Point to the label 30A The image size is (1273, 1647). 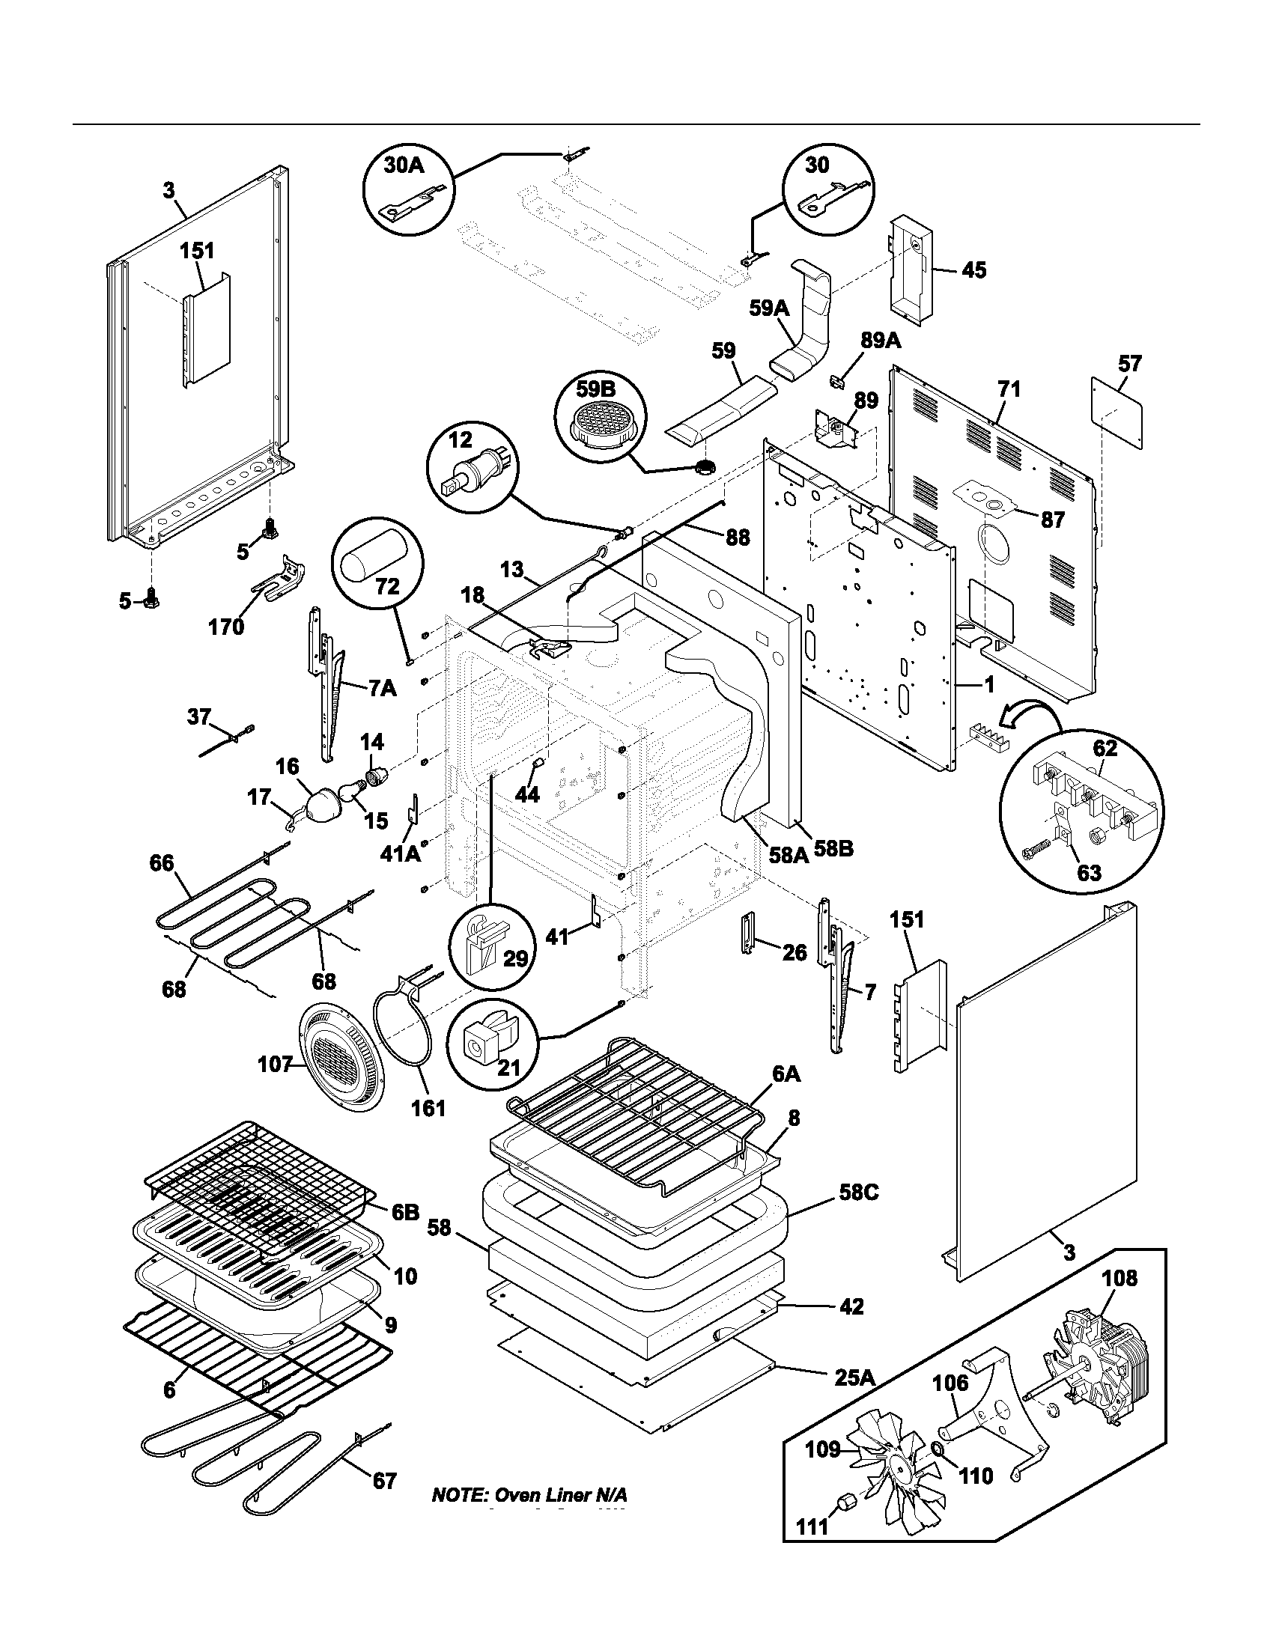[x=404, y=165]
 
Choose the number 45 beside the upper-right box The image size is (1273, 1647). [x=973, y=270]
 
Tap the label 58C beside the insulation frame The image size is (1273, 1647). [x=858, y=1193]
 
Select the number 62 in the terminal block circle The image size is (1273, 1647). [x=1105, y=749]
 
